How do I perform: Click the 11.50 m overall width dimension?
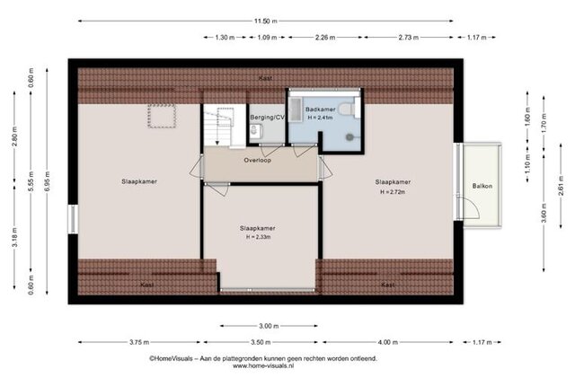(266, 22)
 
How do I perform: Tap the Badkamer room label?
(320, 110)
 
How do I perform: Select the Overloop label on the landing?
(258, 160)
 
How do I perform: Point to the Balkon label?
(482, 186)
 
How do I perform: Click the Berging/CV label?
(267, 118)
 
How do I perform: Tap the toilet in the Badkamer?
(347, 110)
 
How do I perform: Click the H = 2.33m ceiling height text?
(258, 237)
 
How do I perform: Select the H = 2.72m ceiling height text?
(393, 191)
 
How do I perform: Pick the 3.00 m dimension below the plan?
(269, 326)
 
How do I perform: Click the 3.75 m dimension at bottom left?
(139, 342)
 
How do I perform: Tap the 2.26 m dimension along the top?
(325, 38)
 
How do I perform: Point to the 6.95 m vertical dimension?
(47, 181)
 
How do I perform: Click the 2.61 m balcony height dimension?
(561, 186)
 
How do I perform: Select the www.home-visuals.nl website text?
(263, 365)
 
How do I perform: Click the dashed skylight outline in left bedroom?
(162, 116)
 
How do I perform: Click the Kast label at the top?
(265, 78)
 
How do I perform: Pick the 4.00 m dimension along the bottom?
(387, 342)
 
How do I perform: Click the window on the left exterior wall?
(74, 219)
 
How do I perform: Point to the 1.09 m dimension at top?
(267, 38)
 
